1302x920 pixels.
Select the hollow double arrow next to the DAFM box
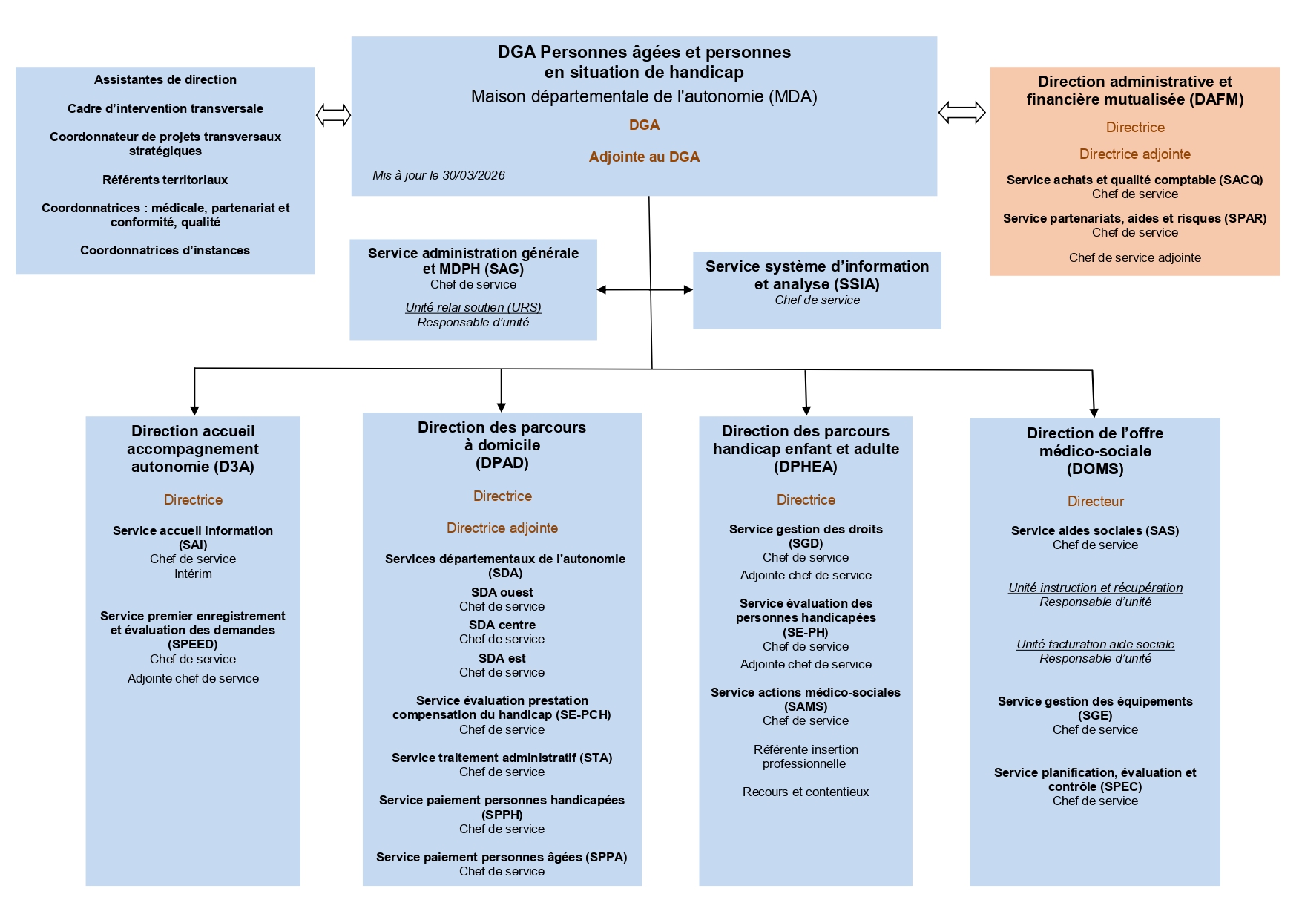click(x=961, y=113)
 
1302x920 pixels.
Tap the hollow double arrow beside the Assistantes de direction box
click(x=333, y=115)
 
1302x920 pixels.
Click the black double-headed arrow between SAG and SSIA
click(x=645, y=289)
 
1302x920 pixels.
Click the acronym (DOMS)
click(x=1095, y=469)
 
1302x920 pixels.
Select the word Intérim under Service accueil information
click(x=193, y=574)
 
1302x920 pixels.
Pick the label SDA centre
click(x=502, y=625)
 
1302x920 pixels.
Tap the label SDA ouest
click(x=502, y=592)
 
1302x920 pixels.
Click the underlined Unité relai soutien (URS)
click(x=473, y=307)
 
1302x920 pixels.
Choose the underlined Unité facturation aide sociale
click(x=1095, y=644)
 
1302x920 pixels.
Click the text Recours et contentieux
click(x=806, y=792)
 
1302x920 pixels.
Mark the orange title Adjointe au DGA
click(x=644, y=157)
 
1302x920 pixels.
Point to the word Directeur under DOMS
click(x=1095, y=502)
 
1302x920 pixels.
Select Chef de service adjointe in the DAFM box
click(x=1134, y=257)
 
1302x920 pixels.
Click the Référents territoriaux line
click(x=165, y=180)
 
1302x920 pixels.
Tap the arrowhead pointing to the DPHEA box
click(x=806, y=410)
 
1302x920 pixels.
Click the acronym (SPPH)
click(x=502, y=815)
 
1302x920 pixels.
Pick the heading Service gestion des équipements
click(x=1095, y=701)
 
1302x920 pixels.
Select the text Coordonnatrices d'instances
click(x=165, y=250)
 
